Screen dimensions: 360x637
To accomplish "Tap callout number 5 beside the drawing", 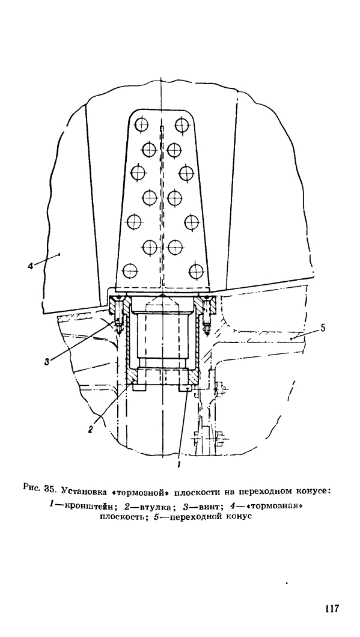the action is (323, 328).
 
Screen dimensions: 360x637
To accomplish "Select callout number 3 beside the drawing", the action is (47, 362).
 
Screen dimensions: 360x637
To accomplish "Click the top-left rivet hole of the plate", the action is (141, 125).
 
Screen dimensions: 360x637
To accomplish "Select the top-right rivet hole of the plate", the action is (182, 125).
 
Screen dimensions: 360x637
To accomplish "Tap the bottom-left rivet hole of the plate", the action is (130, 270).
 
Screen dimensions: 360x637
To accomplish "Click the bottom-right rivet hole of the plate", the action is (197, 271).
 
